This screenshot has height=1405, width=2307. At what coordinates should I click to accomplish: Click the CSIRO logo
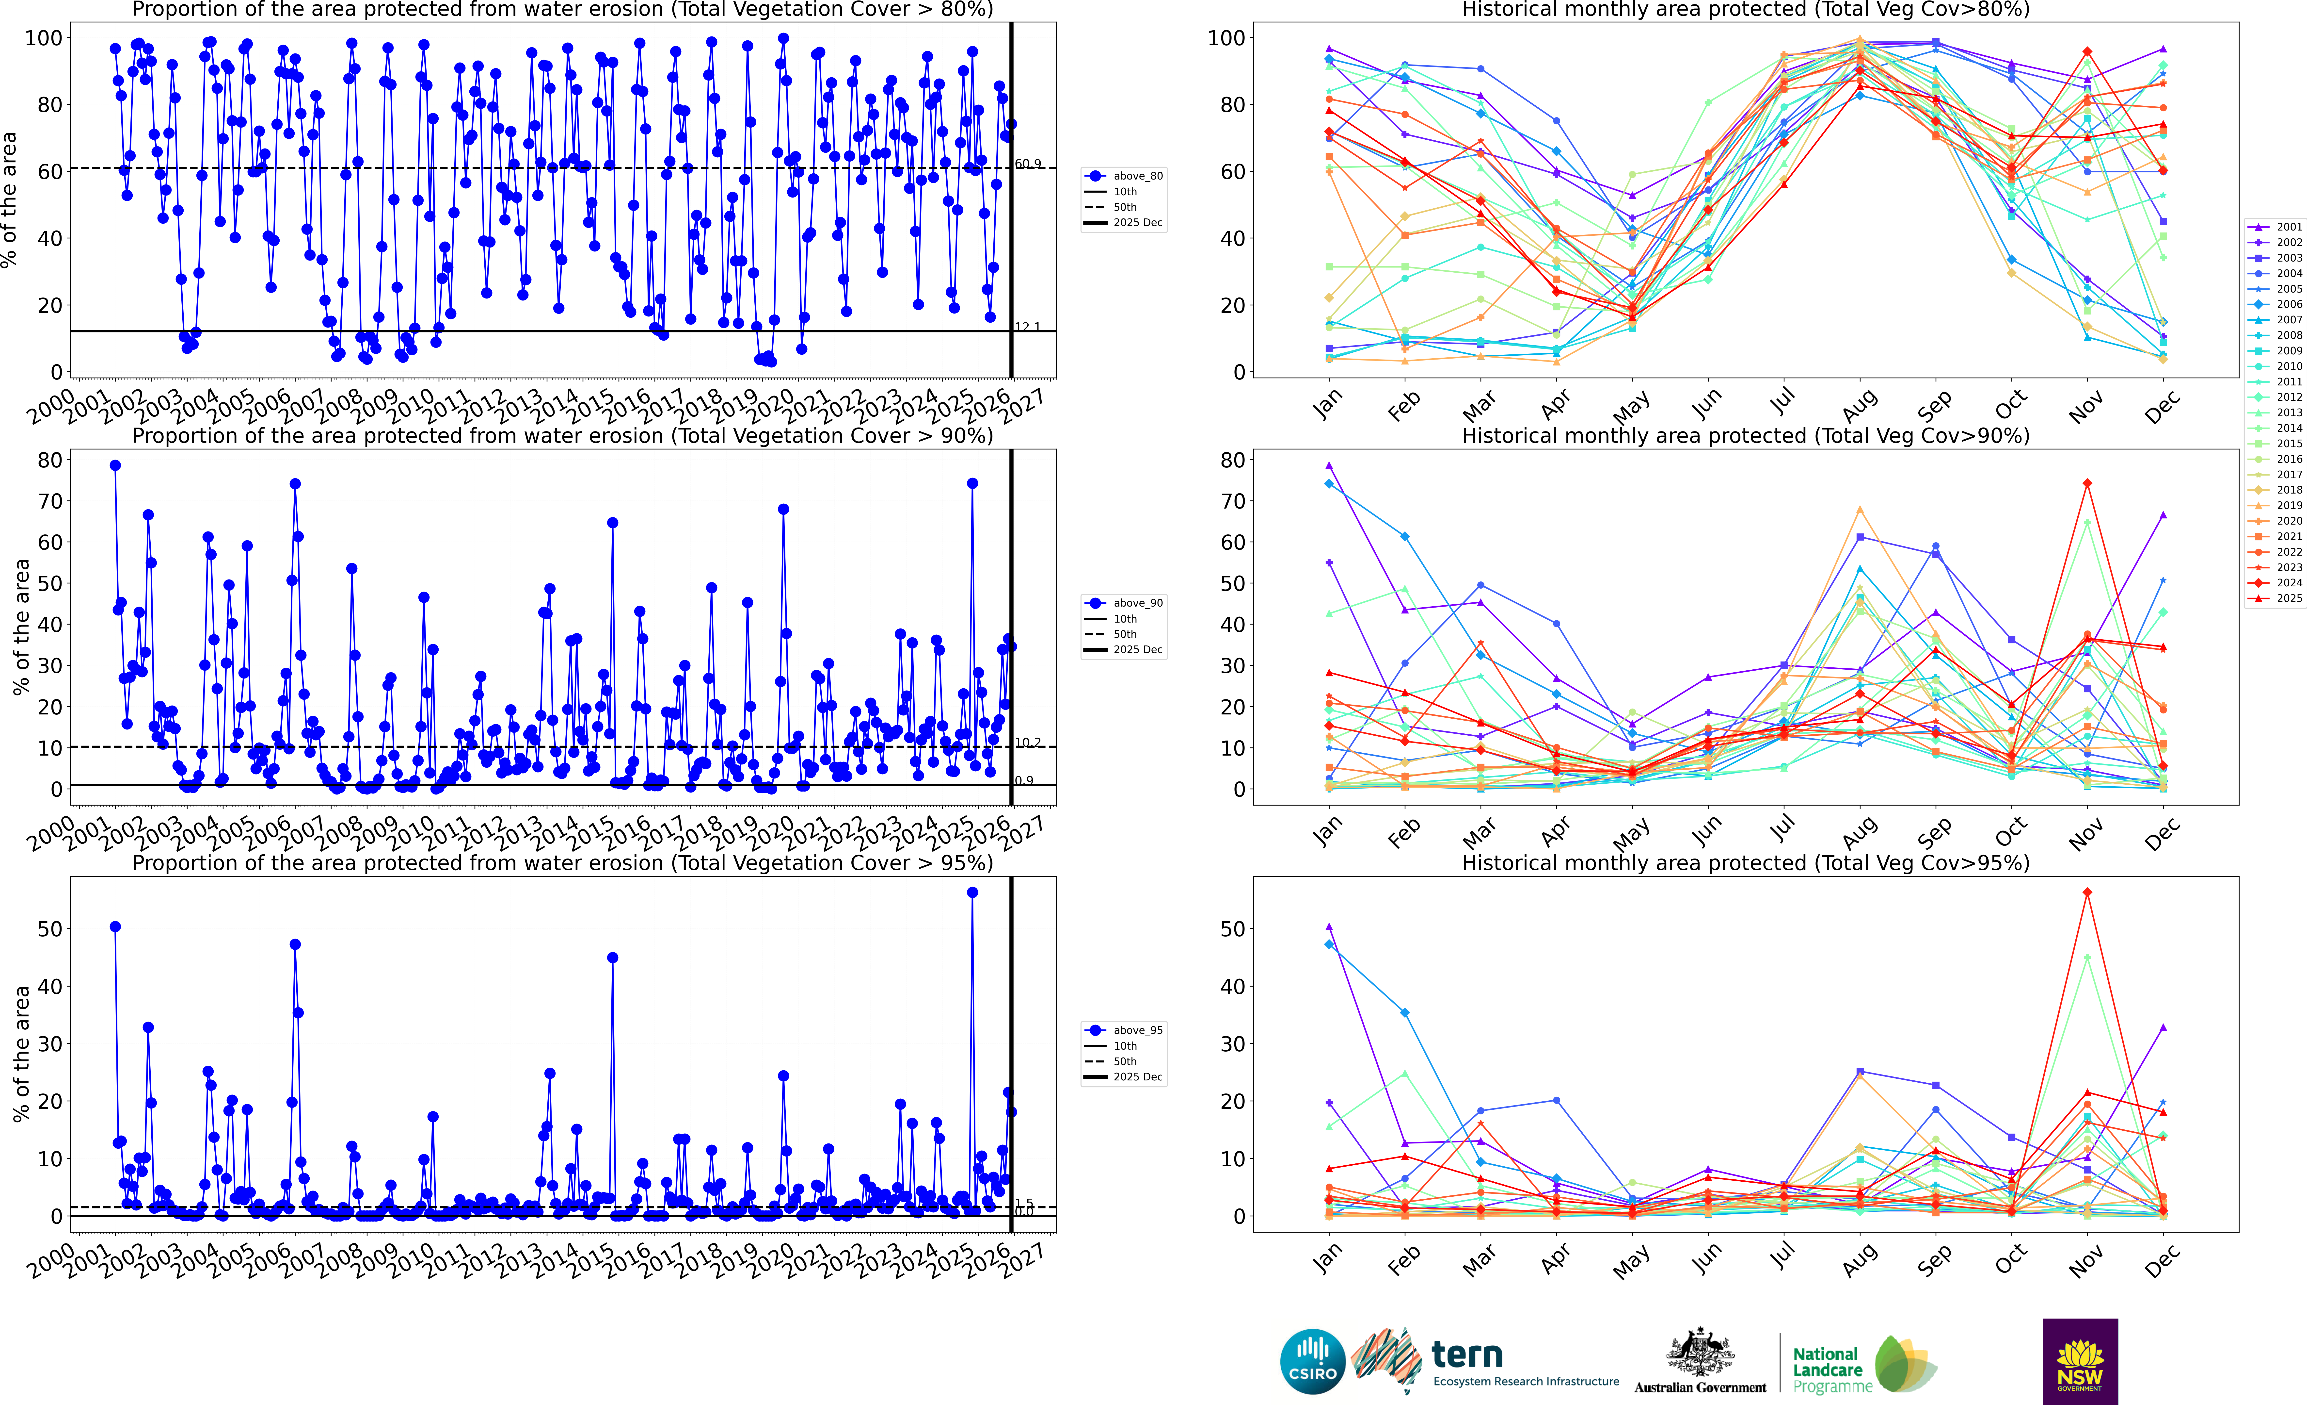click(x=1313, y=1361)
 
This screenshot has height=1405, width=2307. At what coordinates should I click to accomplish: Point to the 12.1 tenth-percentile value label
click(x=1027, y=327)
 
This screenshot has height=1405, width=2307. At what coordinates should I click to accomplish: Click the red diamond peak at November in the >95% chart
click(x=2087, y=893)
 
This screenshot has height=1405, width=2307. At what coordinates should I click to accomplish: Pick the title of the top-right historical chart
click(x=1745, y=10)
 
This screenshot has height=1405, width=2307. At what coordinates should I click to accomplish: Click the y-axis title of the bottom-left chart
click(x=21, y=1054)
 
